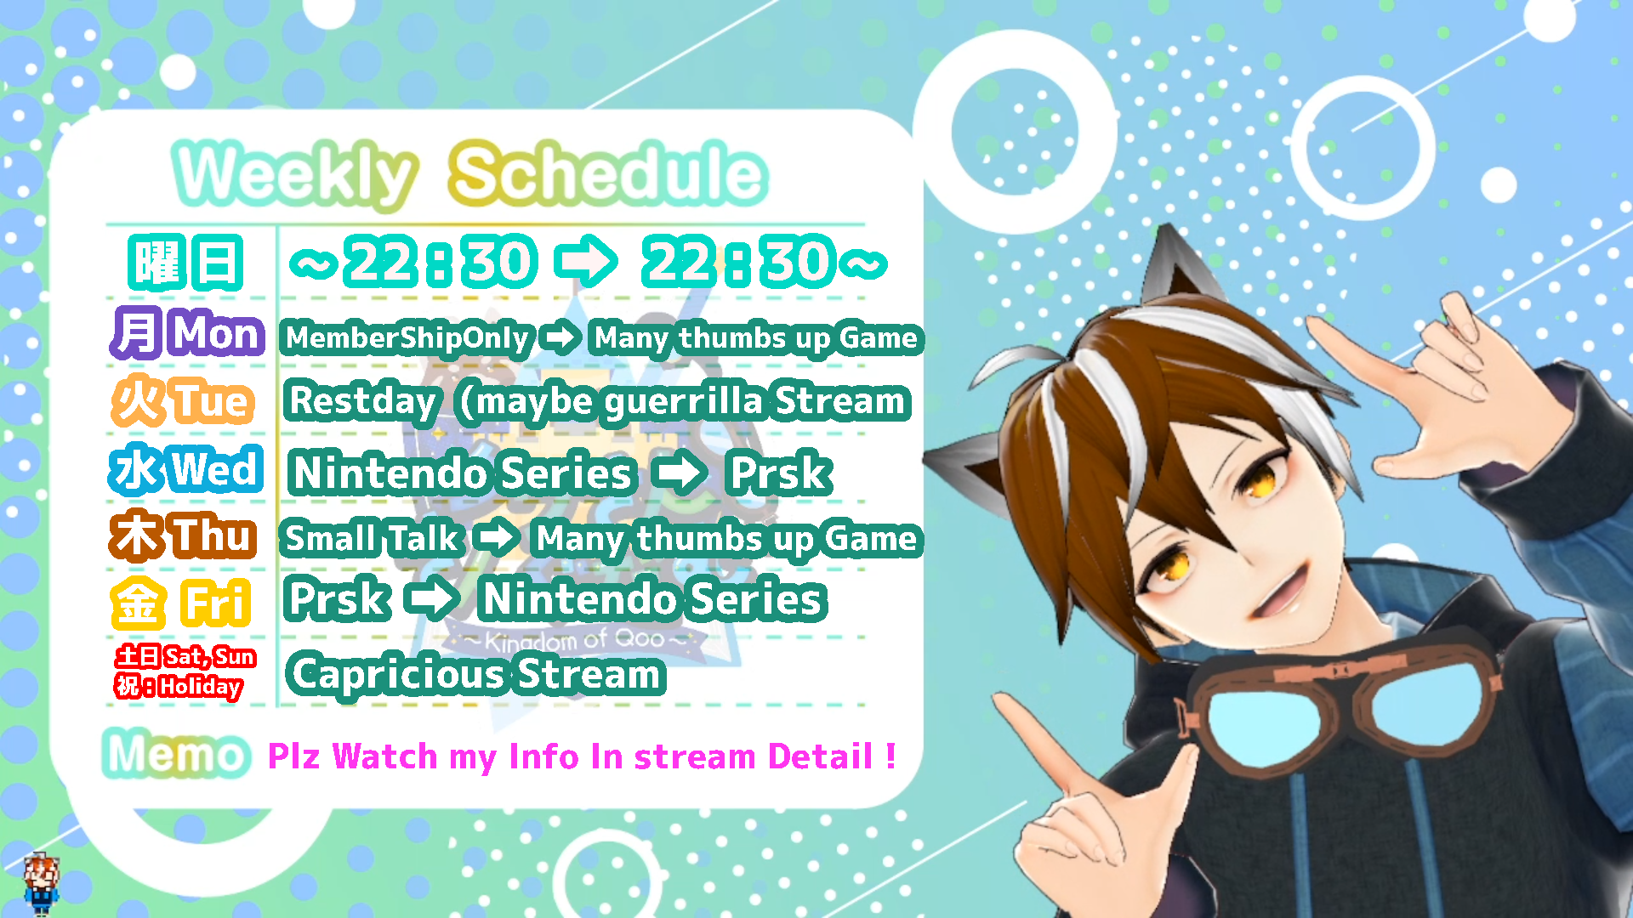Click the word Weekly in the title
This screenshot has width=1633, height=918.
(294, 175)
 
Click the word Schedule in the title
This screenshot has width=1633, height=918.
(608, 173)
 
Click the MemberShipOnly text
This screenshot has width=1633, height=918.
(407, 338)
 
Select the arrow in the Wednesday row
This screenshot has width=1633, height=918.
(679, 473)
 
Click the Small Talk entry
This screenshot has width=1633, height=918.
(373, 538)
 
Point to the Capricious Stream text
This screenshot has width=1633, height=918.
(475, 674)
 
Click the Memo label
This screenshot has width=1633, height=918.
(176, 754)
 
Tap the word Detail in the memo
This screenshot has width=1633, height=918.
(821, 756)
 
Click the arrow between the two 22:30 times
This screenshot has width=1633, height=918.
(586, 262)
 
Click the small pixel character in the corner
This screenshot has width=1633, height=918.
(40, 884)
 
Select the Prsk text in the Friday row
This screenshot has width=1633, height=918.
(338, 599)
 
